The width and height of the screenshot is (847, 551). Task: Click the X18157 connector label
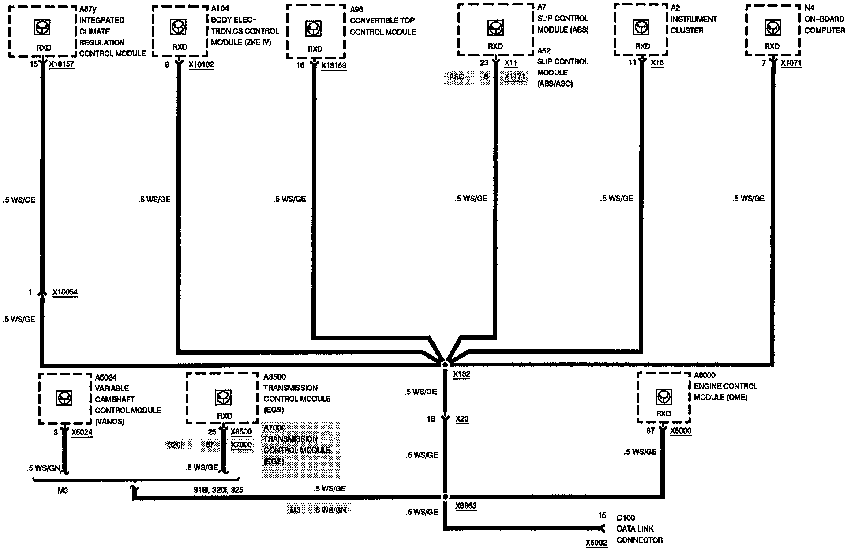click(61, 64)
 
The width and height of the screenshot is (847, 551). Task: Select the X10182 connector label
click(201, 65)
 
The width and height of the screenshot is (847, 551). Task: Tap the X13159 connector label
click(334, 65)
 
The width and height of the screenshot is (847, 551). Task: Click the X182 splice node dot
click(445, 365)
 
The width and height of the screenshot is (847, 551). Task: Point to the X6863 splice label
click(466, 506)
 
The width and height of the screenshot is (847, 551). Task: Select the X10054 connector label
click(65, 292)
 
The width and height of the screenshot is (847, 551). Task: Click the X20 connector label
click(462, 419)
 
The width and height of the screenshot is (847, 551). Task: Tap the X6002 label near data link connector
click(596, 543)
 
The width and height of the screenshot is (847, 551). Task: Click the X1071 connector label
click(791, 63)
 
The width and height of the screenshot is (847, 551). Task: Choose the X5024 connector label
click(82, 432)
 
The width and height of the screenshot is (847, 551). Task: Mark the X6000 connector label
click(681, 431)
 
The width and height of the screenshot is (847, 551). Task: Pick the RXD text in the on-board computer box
click(772, 46)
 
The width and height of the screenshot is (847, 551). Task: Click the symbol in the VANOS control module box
click(65, 399)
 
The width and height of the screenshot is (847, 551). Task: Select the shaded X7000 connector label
click(242, 445)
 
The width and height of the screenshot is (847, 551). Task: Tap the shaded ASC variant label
click(457, 77)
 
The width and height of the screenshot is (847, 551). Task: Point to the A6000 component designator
click(705, 375)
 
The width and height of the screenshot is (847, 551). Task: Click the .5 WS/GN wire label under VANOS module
click(43, 468)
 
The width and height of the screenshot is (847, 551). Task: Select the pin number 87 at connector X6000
click(650, 431)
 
